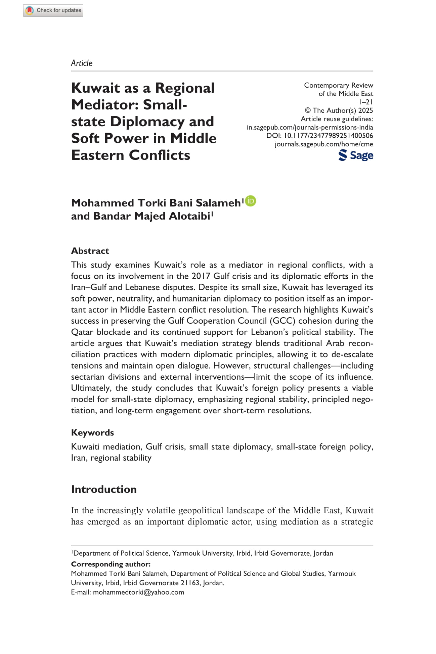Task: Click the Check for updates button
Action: click(53, 10)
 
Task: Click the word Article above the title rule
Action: click(82, 63)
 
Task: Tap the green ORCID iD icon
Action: click(251, 201)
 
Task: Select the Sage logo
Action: click(356, 155)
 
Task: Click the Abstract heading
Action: click(90, 251)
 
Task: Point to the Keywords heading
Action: click(92, 432)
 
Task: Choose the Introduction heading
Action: click(104, 489)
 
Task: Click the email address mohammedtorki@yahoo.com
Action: click(138, 592)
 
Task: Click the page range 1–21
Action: click(366, 102)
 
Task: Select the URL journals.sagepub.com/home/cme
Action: click(324, 144)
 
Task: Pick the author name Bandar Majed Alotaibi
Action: click(151, 216)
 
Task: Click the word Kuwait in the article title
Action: click(95, 88)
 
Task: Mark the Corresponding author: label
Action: click(111, 564)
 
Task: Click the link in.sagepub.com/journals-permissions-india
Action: click(310, 127)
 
